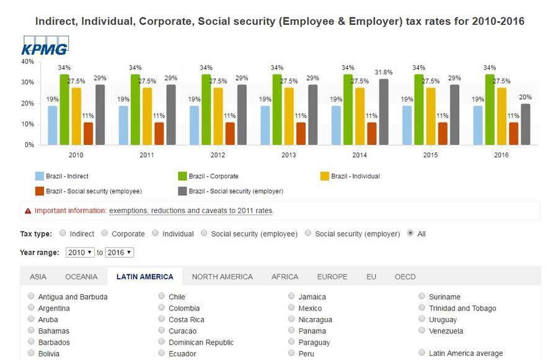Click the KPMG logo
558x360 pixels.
45,46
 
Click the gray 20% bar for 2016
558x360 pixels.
525,124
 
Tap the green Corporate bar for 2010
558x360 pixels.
64,109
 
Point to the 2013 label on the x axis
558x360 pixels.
288,155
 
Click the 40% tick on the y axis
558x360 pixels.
27,61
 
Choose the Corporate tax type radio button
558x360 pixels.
105,234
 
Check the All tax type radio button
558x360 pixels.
410,234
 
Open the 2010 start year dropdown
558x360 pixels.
80,252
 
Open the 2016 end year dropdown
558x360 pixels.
120,252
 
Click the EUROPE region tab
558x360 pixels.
332,276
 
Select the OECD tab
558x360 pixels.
405,276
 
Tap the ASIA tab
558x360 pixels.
38,276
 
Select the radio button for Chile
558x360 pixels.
162,296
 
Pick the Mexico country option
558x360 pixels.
291,307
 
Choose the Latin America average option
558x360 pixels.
422,353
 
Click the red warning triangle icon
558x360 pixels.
28,211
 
